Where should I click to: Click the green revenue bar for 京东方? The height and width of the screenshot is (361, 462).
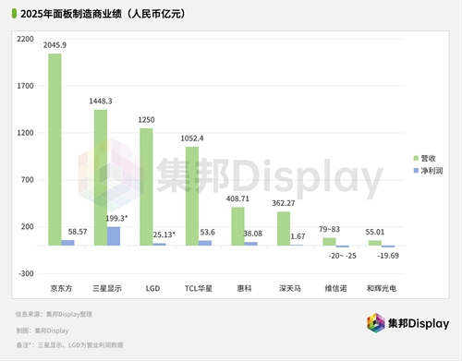[x=55, y=149]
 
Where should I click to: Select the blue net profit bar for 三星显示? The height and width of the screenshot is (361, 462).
[x=114, y=235]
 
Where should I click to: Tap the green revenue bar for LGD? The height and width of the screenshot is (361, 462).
[x=146, y=187]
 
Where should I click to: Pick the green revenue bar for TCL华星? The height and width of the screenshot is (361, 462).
[x=191, y=196]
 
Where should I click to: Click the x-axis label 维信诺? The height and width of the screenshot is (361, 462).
[x=336, y=289]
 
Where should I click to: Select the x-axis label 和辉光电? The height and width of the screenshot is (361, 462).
[x=382, y=289]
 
